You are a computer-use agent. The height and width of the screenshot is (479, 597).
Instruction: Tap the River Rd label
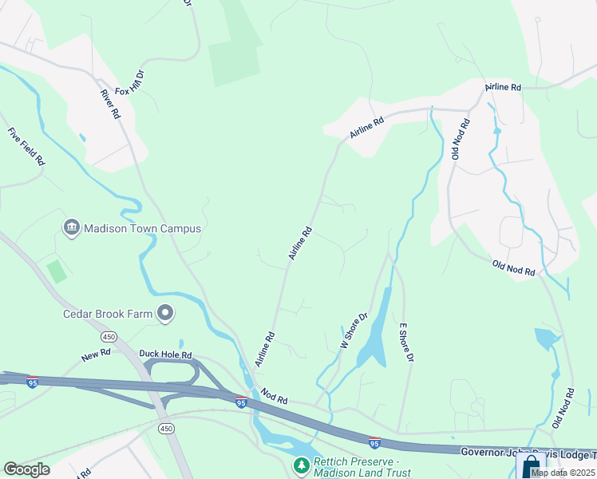click(x=109, y=104)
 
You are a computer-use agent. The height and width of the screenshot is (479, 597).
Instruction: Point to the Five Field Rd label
click(x=26, y=147)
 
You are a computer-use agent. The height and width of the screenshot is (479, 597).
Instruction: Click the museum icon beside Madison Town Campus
click(x=70, y=228)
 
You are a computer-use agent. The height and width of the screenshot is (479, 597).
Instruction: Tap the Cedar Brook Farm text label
click(x=108, y=313)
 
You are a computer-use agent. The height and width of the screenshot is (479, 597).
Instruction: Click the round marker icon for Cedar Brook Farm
click(x=165, y=313)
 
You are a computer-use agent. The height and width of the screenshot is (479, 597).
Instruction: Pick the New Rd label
click(x=96, y=354)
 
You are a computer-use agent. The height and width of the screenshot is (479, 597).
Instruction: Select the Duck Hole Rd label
click(x=165, y=354)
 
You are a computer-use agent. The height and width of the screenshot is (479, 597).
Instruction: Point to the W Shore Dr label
click(x=353, y=329)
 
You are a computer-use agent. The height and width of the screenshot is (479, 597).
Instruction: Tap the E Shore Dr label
click(x=404, y=343)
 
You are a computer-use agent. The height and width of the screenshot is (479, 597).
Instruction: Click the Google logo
click(x=26, y=469)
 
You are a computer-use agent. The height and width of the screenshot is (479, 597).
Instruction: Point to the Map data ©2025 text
click(x=563, y=473)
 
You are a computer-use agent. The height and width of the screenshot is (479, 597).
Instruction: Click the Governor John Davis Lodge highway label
click(x=527, y=452)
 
